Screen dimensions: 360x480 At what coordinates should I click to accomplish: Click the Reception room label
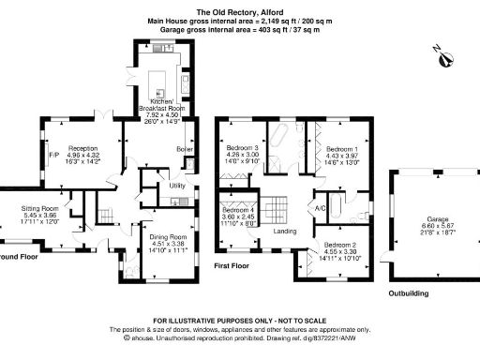pos(82,148)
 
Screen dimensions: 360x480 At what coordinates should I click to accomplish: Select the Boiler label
pos(185,149)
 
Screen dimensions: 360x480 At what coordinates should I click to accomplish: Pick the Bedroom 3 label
pos(242,148)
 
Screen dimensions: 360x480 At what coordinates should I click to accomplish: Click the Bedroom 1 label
pos(340,149)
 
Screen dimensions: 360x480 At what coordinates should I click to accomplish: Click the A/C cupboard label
pos(319,208)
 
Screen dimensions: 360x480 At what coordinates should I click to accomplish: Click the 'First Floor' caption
pos(235,266)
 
